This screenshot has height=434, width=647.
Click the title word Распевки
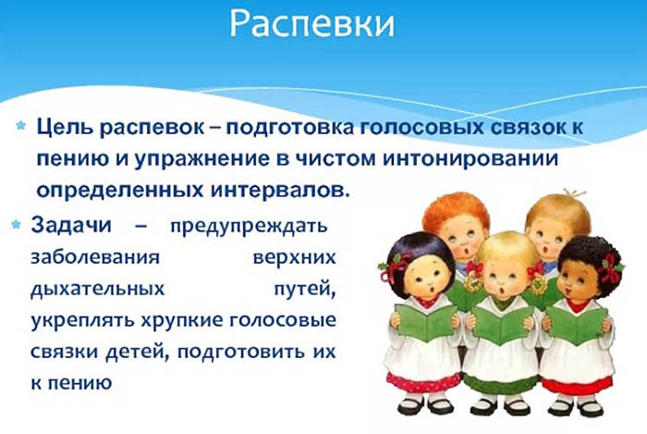pos(311,24)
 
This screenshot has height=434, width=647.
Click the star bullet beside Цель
pos(19,124)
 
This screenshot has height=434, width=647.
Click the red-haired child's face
pos(458,240)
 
